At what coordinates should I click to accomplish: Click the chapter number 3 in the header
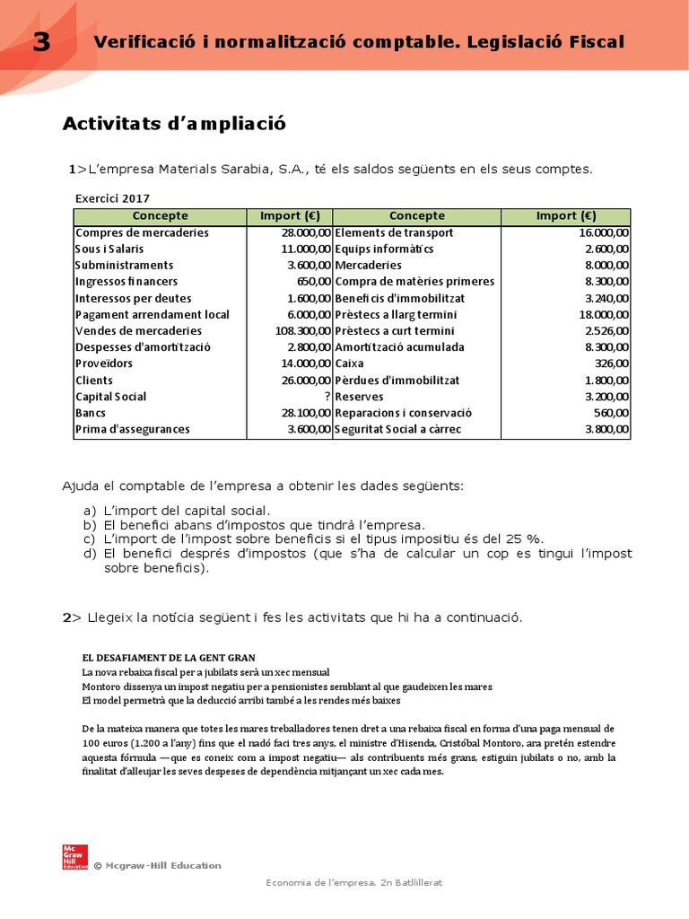(41, 42)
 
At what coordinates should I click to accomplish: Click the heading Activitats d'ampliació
(174, 124)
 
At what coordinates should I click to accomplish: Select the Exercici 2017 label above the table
(112, 198)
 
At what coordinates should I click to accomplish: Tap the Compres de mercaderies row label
(142, 232)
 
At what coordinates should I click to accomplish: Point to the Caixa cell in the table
(350, 363)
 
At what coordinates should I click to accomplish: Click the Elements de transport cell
(394, 232)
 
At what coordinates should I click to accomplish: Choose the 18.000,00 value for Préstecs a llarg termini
(604, 315)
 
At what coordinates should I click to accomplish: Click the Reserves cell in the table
(359, 397)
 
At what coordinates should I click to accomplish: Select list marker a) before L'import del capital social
(89, 511)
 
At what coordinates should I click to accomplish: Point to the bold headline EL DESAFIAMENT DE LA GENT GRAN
(162, 658)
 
